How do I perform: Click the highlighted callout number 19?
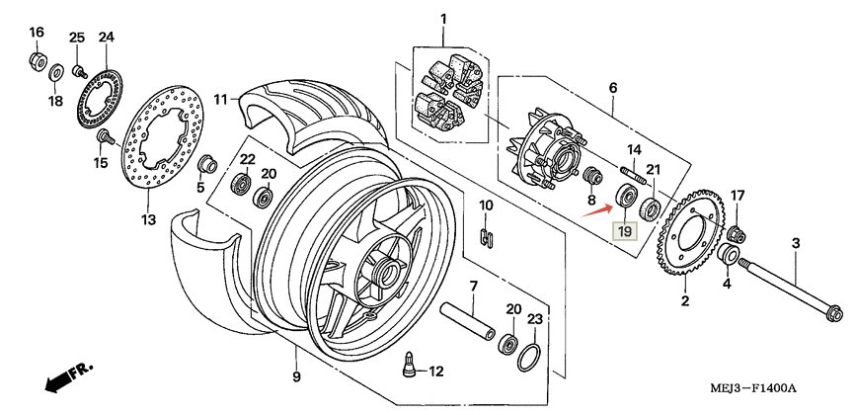click(623, 232)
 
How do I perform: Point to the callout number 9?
click(295, 376)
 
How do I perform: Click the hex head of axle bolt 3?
click(830, 315)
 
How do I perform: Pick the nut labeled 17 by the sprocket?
click(735, 233)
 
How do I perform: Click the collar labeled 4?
click(728, 258)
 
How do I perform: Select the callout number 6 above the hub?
click(612, 88)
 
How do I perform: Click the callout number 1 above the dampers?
click(443, 19)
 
